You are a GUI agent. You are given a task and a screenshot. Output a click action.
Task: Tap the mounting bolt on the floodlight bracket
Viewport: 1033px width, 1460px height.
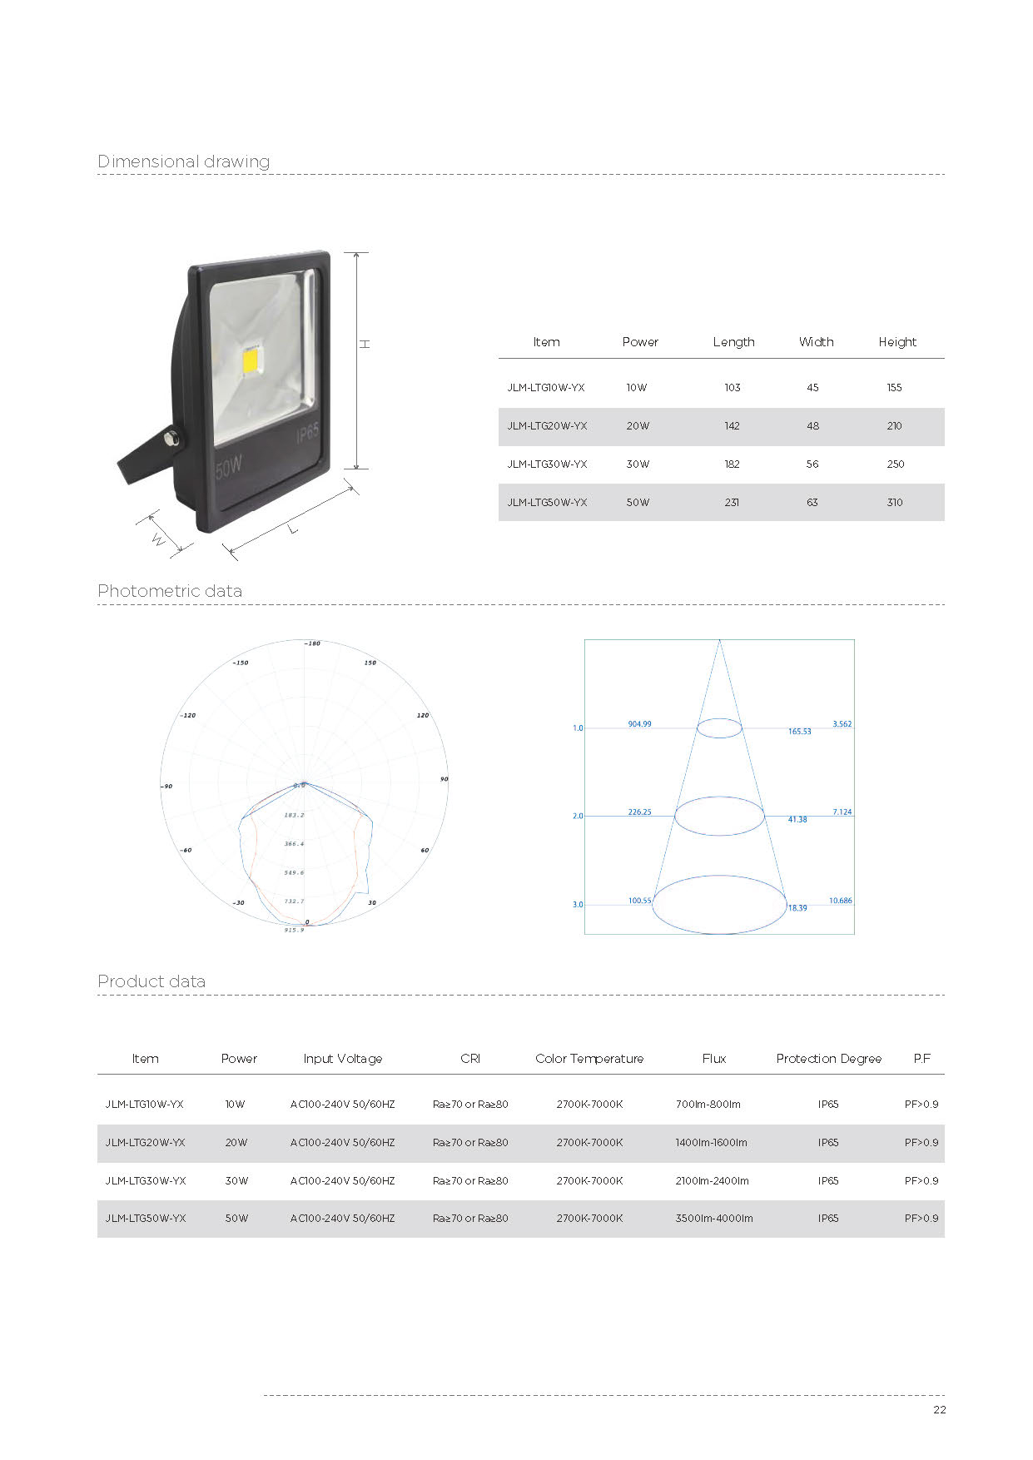pyautogui.click(x=172, y=439)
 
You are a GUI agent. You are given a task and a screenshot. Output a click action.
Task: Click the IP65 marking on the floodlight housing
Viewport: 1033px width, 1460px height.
pyautogui.click(x=307, y=433)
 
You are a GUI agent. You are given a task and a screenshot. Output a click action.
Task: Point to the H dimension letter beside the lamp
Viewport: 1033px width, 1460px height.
pyautogui.click(x=365, y=344)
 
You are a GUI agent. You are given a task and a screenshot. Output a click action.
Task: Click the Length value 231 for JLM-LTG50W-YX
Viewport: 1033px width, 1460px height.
pyautogui.click(x=732, y=503)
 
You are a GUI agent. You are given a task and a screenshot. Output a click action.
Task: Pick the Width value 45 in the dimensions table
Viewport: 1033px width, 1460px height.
pyautogui.click(x=812, y=388)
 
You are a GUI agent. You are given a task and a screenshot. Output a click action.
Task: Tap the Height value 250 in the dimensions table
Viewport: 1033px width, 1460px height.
pyautogui.click(x=895, y=464)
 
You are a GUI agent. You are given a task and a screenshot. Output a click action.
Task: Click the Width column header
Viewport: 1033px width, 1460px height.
pyautogui.click(x=816, y=342)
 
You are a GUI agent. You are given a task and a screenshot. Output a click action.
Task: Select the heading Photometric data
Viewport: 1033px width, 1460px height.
pyautogui.click(x=170, y=591)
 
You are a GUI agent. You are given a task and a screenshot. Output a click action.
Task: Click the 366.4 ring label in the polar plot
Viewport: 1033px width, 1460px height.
pyautogui.click(x=294, y=844)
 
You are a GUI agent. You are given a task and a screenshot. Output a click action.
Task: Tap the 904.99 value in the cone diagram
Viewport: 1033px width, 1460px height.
pyautogui.click(x=639, y=724)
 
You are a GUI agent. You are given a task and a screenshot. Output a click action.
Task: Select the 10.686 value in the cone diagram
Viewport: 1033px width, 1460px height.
pyautogui.click(x=840, y=901)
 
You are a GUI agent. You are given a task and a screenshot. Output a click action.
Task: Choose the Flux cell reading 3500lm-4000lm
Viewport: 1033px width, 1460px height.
pyautogui.click(x=714, y=1219)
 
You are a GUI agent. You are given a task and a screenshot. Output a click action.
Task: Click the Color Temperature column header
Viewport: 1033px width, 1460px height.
pyautogui.click(x=589, y=1059)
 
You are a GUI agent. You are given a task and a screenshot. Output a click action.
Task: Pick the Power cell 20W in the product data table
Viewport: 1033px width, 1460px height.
pyautogui.click(x=236, y=1143)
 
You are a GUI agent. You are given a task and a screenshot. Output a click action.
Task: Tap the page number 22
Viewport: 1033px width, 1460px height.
pyautogui.click(x=940, y=1410)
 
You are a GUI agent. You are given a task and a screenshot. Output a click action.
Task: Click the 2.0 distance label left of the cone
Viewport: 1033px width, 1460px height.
pyautogui.click(x=578, y=817)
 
